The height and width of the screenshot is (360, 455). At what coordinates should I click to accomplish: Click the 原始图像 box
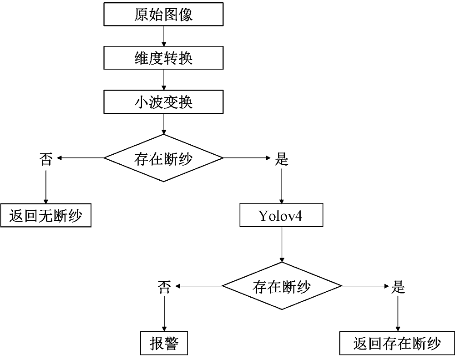tap(163, 14)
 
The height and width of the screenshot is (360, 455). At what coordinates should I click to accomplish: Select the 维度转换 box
tap(163, 58)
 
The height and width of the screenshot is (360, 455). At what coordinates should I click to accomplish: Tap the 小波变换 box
tap(163, 101)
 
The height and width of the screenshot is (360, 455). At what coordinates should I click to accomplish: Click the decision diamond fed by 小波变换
tap(163, 158)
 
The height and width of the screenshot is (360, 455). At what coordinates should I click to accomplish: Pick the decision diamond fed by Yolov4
tap(282, 286)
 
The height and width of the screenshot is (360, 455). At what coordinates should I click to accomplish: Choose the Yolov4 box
tap(281, 215)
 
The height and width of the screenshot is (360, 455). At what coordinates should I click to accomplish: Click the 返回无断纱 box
tap(45, 215)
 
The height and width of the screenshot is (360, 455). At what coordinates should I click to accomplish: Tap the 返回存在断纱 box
tap(397, 344)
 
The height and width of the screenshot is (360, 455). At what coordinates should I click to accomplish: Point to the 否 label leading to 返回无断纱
tap(45, 159)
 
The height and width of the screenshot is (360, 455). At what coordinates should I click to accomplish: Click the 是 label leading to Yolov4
tap(282, 159)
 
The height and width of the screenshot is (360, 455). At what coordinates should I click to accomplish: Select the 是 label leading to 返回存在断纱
tap(398, 287)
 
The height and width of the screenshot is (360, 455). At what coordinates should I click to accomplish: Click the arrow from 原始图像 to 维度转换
tap(163, 36)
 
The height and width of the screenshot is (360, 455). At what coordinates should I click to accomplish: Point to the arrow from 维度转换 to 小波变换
tap(163, 80)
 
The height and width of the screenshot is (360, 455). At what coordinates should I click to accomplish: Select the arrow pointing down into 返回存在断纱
tap(398, 314)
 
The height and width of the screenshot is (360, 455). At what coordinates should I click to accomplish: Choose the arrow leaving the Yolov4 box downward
tap(282, 244)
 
